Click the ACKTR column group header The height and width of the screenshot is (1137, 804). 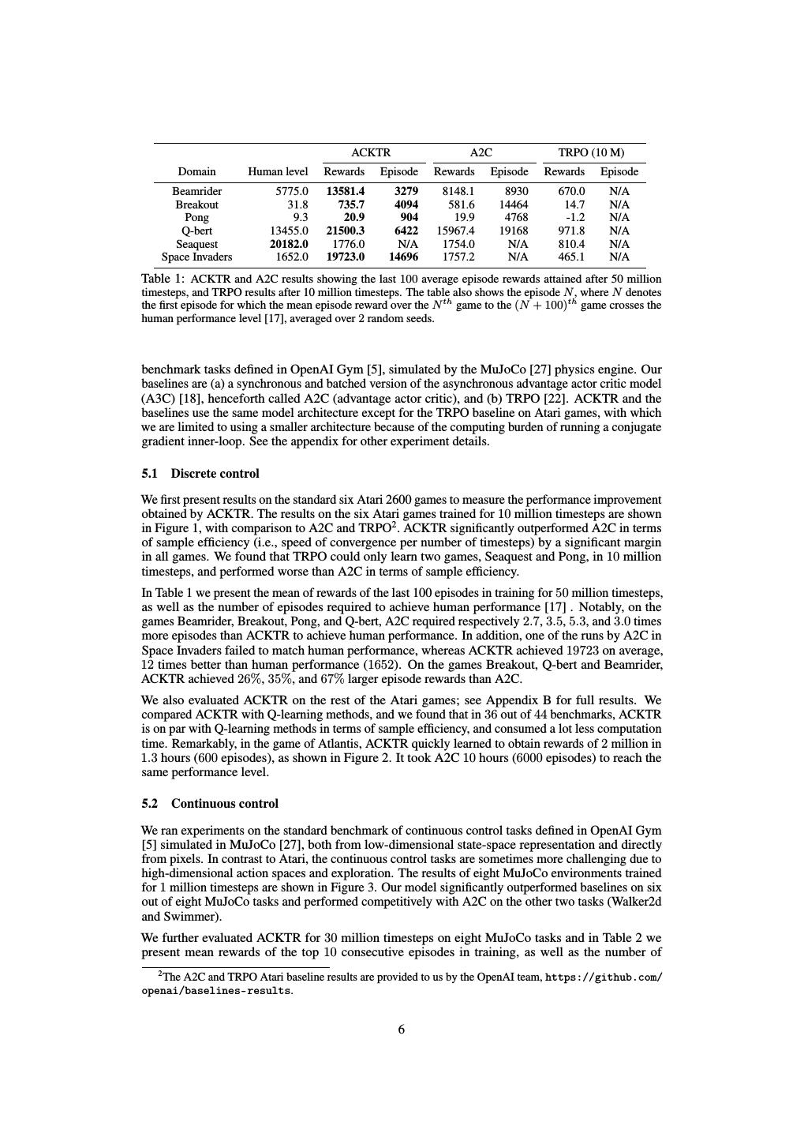pos(371,152)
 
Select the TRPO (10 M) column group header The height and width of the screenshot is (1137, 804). pos(590,152)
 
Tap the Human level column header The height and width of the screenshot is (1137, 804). pos(278,171)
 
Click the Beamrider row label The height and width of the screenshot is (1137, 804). pos(196,191)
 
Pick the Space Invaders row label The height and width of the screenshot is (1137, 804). pos(196,257)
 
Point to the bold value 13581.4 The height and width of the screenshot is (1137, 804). pos(346,191)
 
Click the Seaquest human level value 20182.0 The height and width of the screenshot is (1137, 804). pos(289,244)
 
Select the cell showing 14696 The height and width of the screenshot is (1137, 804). pos(403,257)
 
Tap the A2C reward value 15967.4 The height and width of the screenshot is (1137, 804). pos(455,231)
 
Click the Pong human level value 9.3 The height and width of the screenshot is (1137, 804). pos(300,217)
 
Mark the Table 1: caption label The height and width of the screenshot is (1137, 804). pos(163,279)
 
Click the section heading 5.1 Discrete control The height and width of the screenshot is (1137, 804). pos(200,474)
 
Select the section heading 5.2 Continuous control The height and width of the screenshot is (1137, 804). pos(210,804)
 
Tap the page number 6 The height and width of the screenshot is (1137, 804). pos(402,1029)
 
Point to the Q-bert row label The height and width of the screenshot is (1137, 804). pos(196,231)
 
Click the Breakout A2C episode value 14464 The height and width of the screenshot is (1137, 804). pos(513,205)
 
